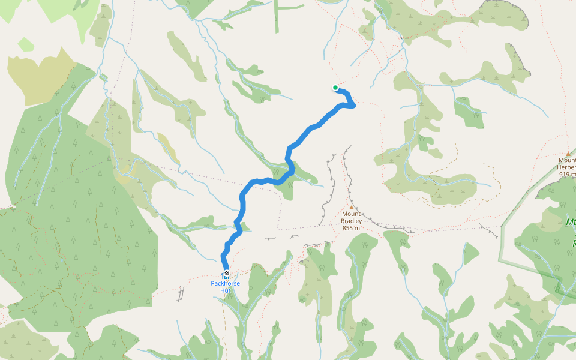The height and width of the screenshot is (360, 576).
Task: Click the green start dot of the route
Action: [x=335, y=88]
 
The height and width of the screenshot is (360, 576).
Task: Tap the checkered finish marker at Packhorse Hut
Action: [x=226, y=274]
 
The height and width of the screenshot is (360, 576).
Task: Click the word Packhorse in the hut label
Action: [x=225, y=283]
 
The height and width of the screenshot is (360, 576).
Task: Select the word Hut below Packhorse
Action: [x=225, y=290]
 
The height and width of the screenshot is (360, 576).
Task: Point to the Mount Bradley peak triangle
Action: [x=352, y=208]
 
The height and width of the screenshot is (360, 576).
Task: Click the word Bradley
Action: [x=352, y=221]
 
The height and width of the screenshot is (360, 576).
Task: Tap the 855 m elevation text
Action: [x=352, y=228]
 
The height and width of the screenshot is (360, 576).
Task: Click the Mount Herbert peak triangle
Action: [x=568, y=154]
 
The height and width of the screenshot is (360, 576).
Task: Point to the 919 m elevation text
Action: [x=568, y=175]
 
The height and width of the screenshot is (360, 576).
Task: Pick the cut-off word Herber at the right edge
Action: [x=567, y=167]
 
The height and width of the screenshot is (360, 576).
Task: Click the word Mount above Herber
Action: [x=568, y=160]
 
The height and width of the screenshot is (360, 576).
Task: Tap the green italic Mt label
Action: [x=571, y=223]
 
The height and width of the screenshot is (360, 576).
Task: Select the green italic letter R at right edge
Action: [x=573, y=244]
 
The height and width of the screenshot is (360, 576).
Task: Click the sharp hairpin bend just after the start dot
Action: [x=354, y=105]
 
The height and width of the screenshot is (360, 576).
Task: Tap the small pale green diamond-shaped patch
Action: [x=26, y=44]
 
